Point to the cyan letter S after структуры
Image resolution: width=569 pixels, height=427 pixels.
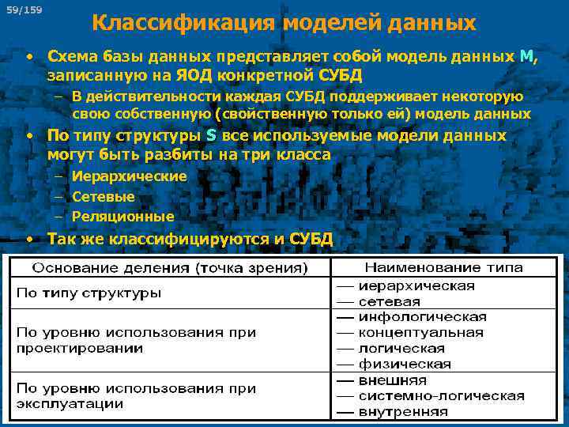211,135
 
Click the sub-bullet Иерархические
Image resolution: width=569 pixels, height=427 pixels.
129,176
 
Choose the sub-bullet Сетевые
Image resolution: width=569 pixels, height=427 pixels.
103,196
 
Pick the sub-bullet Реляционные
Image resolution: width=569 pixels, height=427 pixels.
122,216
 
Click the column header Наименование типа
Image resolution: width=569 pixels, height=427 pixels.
443,268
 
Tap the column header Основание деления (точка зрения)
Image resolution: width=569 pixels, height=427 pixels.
169,269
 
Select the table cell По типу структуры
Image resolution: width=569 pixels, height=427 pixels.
89,293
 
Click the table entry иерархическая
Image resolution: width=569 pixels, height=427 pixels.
416,285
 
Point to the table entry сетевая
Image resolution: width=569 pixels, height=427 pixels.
389,301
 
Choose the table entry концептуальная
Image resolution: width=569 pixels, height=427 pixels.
420,332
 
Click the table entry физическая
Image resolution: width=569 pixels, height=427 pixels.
405,364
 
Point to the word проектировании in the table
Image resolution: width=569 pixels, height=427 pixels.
80,348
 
